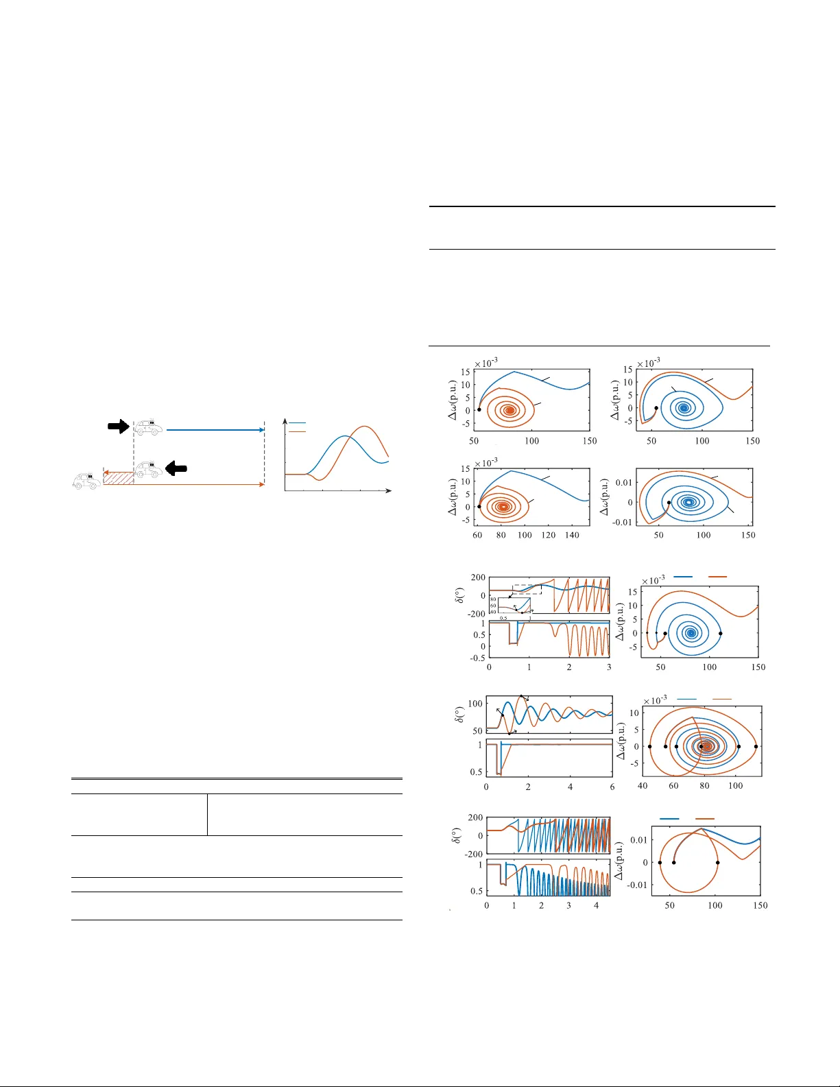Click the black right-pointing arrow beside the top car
pos(118,426)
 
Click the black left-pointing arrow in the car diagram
pos(177,468)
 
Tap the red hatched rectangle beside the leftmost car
pos(118,478)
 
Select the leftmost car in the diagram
pos(86,480)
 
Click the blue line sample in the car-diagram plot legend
pos(297,424)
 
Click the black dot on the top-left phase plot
pos(479,409)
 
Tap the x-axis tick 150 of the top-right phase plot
pos(753,441)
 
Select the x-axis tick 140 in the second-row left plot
pos(572,535)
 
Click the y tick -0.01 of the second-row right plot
pos(623,523)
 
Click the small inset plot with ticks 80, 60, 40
pos(514,605)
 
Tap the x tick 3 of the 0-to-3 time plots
pos(609,667)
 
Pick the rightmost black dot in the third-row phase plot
pos(720,634)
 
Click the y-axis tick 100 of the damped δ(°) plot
pos(475,704)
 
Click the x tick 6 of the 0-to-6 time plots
pos(612,787)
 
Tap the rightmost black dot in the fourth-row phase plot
pos(756,746)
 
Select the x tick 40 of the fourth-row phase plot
pos(643,786)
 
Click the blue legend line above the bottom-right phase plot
pos(669,819)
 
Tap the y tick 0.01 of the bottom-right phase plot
pos(638,840)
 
